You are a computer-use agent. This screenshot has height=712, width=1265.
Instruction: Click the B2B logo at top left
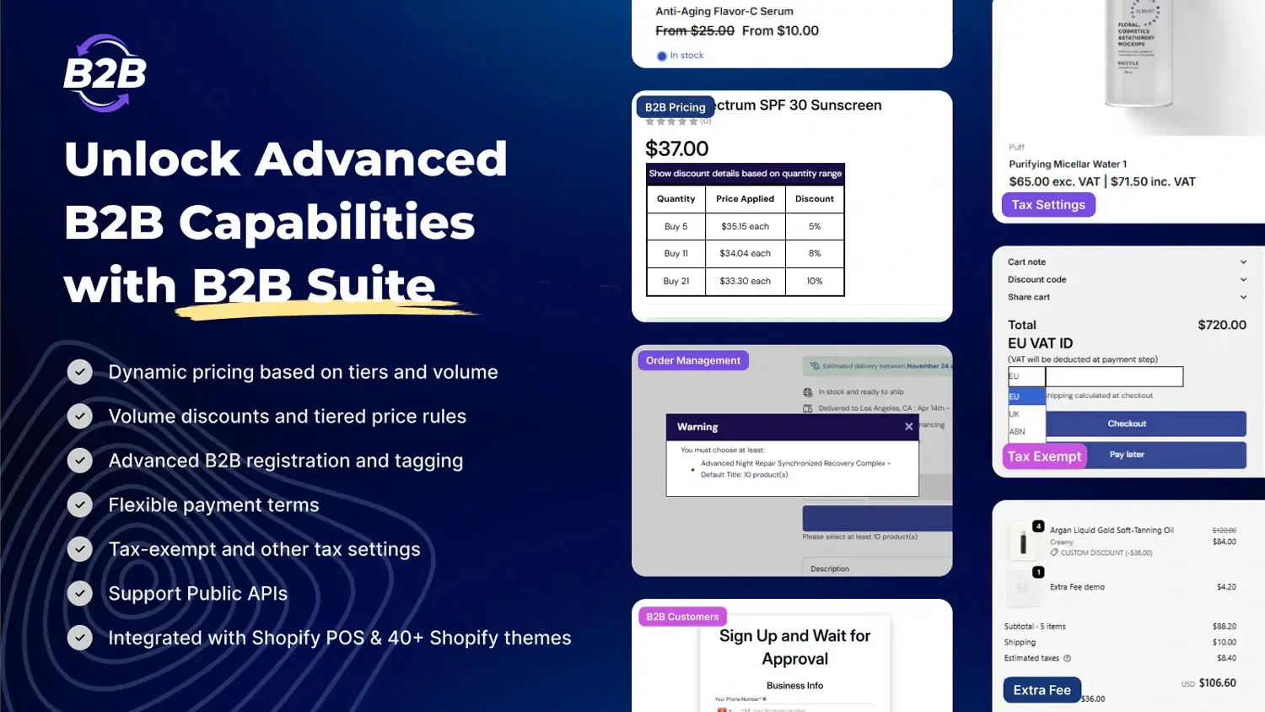pos(105,73)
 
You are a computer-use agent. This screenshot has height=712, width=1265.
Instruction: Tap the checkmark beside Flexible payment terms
pos(80,504)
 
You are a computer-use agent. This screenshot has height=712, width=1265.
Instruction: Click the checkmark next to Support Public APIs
pos(80,593)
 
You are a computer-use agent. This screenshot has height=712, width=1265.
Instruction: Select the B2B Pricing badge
pos(675,107)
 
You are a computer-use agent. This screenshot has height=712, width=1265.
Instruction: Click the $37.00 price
pos(676,149)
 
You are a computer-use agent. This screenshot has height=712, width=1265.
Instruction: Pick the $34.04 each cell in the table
pos(745,253)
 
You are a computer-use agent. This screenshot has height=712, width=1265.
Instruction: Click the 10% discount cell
pos(814,281)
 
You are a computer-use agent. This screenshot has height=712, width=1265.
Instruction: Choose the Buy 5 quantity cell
pos(676,226)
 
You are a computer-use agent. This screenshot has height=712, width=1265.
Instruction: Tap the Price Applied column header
pos(745,199)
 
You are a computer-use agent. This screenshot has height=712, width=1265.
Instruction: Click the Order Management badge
pos(692,360)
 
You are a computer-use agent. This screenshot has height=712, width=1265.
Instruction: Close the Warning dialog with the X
pos(908,427)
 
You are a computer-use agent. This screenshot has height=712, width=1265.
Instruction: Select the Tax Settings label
pos(1047,205)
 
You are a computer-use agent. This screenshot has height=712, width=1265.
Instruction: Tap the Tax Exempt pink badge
pos(1044,456)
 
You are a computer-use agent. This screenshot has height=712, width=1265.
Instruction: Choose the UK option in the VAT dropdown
pos(1015,414)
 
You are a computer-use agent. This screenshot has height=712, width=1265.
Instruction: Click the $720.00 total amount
pos(1221,325)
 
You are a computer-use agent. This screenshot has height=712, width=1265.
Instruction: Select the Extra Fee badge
pos(1042,690)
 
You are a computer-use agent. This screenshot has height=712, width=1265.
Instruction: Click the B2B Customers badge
pos(682,617)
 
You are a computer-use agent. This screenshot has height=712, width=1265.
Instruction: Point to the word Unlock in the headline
pos(153,159)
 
